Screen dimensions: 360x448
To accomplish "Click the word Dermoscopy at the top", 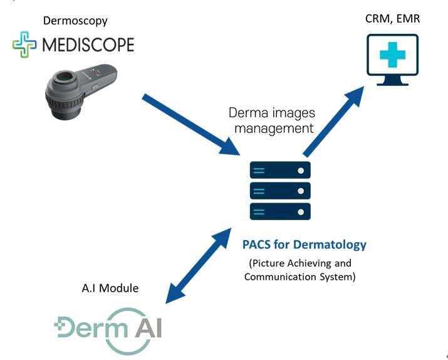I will tap(75, 21).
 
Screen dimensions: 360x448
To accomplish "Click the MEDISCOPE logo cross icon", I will tap(24, 45).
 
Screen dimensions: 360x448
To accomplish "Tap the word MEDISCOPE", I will tap(87, 45).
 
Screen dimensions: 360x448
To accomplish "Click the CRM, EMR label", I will tap(392, 19).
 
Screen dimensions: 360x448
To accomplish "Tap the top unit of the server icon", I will tap(280, 171).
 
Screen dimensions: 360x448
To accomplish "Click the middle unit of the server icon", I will tap(280, 190).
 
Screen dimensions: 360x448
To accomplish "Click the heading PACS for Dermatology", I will tap(304, 244).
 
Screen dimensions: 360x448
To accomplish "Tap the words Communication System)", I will tap(300, 276).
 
